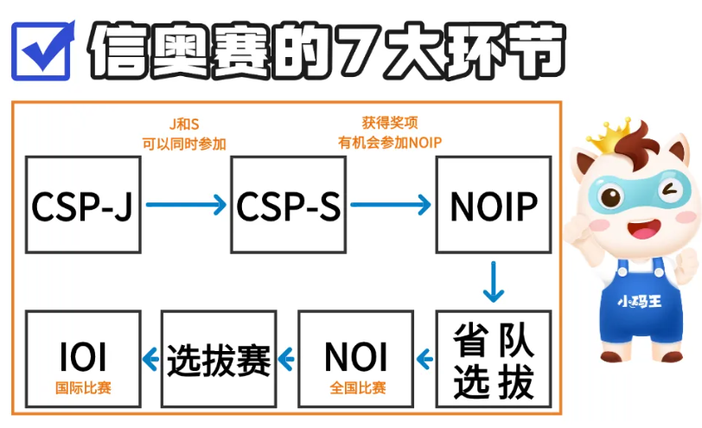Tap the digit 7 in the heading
[x=367, y=49]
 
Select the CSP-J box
[x=83, y=205]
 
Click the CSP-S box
[x=288, y=205]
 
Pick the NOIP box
[x=493, y=205]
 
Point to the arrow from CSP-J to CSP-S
[x=185, y=205]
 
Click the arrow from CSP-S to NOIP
[x=390, y=205]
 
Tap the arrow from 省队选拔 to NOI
[x=424, y=356]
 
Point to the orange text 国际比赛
[x=84, y=388]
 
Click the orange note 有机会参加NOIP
[x=390, y=143]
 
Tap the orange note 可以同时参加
[x=184, y=143]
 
